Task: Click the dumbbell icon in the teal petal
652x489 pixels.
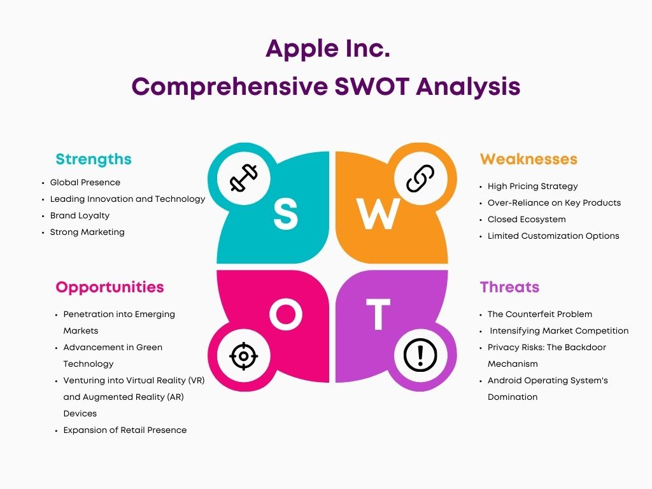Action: point(244,178)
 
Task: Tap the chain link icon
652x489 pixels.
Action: point(420,178)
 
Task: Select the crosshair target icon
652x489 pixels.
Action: point(244,356)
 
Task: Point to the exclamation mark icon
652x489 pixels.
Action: point(420,355)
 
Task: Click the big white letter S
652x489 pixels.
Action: point(286,213)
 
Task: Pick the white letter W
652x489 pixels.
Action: point(378,214)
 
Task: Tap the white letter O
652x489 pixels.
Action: point(286,315)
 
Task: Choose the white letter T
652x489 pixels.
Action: point(378,315)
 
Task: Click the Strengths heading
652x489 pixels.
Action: point(94,159)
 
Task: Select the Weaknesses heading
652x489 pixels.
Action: point(528,159)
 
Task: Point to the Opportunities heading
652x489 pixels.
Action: point(110,287)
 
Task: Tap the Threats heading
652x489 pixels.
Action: point(509,287)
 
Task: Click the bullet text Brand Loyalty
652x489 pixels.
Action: point(80,215)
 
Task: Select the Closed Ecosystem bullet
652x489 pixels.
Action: point(527,219)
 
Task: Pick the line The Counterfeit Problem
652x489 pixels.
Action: point(540,314)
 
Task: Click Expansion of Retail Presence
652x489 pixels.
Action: point(125,430)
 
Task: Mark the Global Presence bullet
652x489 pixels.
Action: point(85,182)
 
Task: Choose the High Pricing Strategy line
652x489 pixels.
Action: point(533,187)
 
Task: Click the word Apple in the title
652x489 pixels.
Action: point(297,50)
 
